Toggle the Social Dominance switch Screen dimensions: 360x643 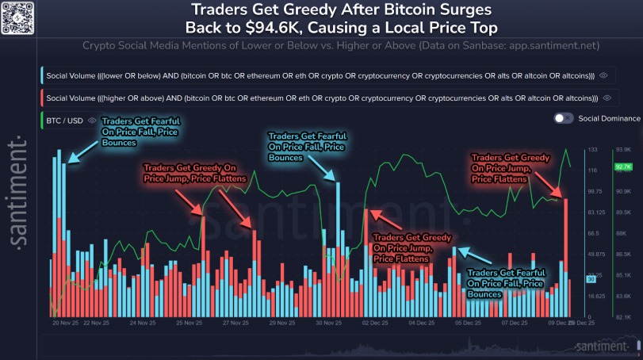tap(564, 118)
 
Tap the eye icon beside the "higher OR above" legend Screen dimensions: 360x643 tap(607, 98)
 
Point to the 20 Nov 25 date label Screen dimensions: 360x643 tap(64, 323)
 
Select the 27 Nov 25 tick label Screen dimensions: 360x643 tap(236, 323)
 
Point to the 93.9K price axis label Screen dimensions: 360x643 tap(622, 149)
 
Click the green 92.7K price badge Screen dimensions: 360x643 tap(622, 167)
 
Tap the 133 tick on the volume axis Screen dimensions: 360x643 tap(592, 149)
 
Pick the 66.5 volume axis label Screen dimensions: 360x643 tap(592, 233)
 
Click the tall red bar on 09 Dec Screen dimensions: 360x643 tap(566, 254)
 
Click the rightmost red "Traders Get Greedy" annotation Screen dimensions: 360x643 tap(499, 168)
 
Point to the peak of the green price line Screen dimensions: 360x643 tap(566, 149)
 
